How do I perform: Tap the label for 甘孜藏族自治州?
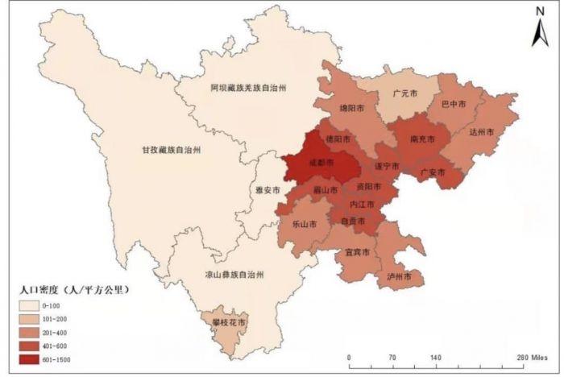point(166,150)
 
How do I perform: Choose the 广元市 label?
point(404,93)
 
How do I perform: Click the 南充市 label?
point(423,139)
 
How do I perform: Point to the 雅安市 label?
point(267,190)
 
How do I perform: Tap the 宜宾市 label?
point(357,252)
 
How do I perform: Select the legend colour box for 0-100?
point(31,305)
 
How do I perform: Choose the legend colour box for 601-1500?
point(31,359)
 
